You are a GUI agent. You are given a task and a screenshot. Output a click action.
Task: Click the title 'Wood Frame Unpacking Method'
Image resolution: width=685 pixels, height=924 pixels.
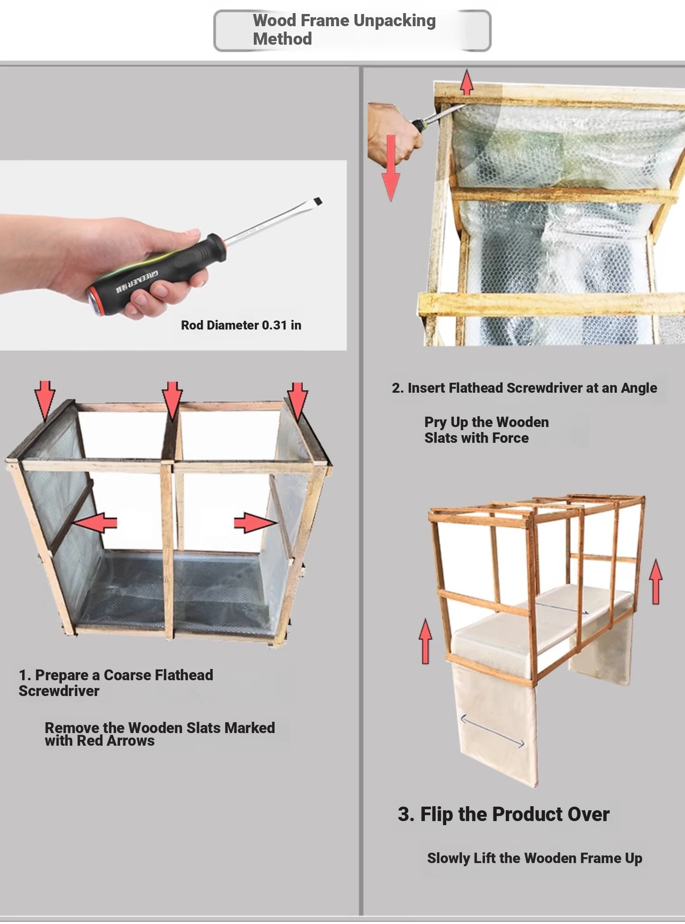pos(344,29)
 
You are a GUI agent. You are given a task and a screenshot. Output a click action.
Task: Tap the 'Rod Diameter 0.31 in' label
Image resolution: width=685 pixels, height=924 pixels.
pos(241,325)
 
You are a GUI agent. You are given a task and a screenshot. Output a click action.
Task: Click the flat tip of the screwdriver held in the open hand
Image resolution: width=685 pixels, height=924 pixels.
pos(317,201)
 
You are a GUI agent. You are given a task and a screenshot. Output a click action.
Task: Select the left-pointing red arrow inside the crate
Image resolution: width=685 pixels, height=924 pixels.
pos(94,523)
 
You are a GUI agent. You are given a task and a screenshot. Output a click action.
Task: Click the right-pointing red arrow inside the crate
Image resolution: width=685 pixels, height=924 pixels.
pos(256,523)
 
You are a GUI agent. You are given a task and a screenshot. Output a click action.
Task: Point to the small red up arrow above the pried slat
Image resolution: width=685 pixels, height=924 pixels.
pos(467,82)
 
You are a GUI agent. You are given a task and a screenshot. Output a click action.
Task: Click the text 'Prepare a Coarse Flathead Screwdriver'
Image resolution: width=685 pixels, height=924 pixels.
pos(116,683)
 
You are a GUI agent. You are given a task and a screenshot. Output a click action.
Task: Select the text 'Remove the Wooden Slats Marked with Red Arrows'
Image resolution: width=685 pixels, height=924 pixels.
pos(160,734)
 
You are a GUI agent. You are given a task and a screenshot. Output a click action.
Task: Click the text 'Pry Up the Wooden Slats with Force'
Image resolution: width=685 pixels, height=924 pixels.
pos(487,430)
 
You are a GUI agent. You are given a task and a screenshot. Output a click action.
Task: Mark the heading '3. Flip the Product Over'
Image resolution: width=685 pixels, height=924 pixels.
pos(503,814)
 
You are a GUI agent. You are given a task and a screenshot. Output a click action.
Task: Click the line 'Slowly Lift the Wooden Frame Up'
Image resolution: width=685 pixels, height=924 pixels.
pos(535,858)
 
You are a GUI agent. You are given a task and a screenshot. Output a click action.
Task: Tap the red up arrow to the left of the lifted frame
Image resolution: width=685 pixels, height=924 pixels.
pos(425,641)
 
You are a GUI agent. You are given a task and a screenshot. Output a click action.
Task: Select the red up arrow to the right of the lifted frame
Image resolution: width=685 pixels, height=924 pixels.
pos(656,582)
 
